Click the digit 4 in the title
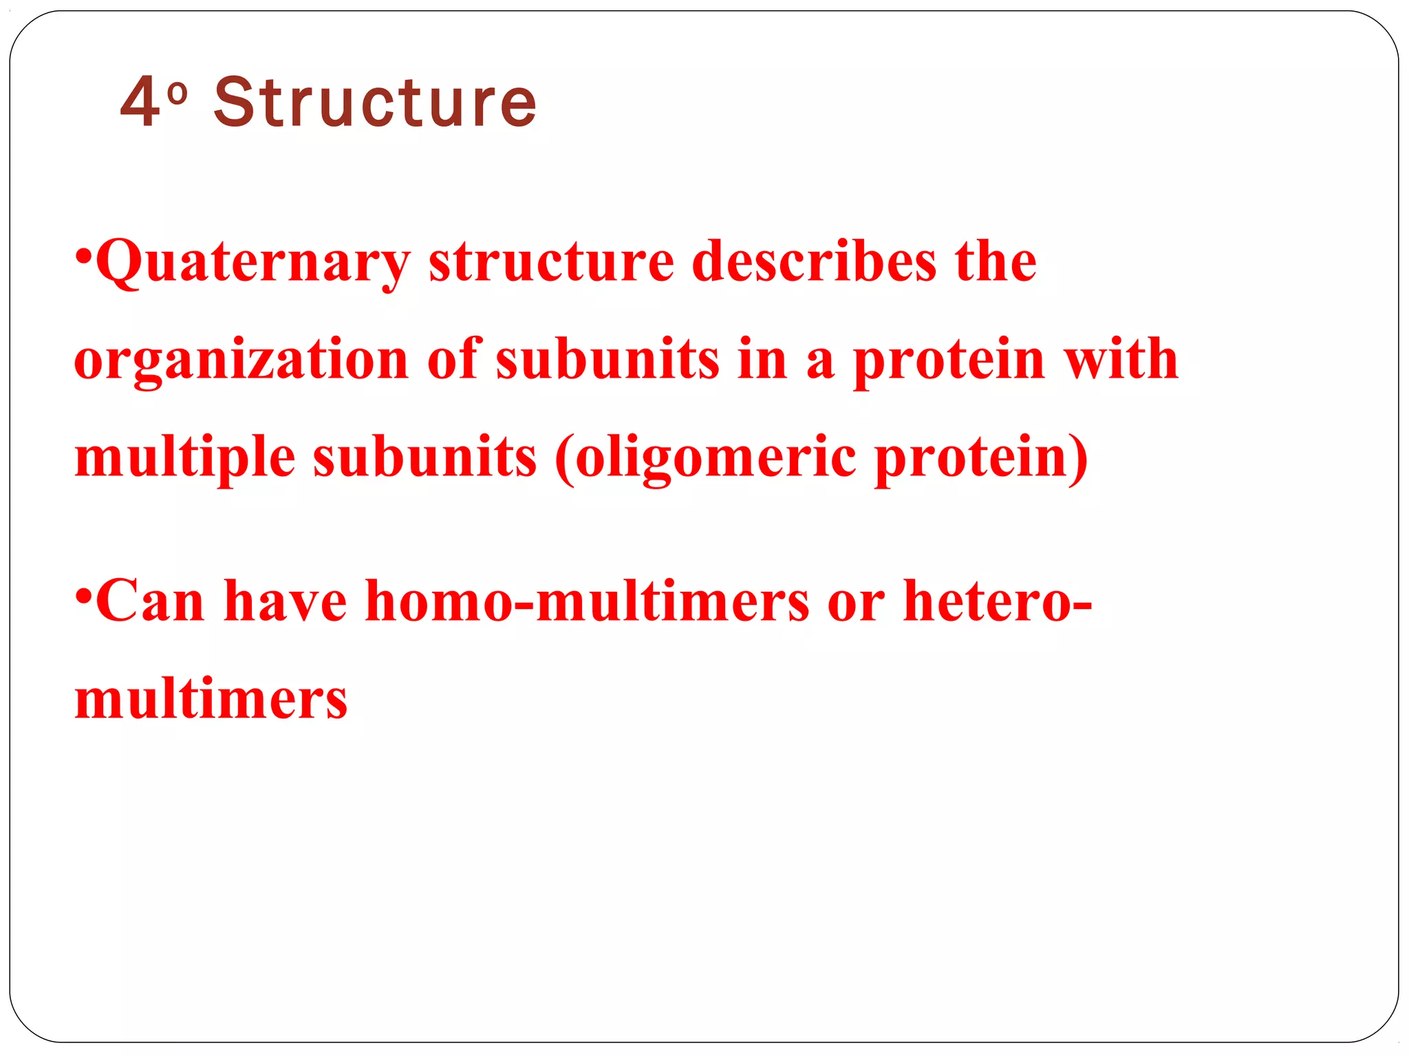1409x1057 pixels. pos(141,102)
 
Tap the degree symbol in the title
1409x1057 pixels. pos(177,93)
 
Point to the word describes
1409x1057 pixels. pos(814,261)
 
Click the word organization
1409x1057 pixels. pos(241,360)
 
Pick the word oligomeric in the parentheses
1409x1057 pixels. pos(716,458)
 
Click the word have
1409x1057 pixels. pos(286,601)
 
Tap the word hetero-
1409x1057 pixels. pos(997,601)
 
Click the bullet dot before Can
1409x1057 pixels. pos(83,595)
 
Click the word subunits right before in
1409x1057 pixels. pos(607,360)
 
